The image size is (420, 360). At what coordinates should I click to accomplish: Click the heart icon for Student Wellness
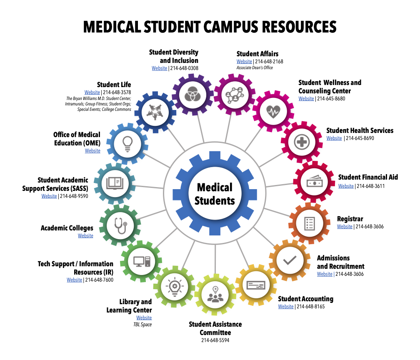(273, 111)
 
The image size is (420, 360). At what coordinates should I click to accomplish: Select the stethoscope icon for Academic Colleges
(120, 225)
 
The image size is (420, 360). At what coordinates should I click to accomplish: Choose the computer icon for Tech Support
(141, 261)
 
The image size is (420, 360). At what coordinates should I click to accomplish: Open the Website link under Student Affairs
(244, 62)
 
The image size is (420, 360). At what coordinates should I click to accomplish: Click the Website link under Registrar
(345, 227)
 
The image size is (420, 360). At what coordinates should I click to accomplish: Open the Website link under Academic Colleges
(85, 236)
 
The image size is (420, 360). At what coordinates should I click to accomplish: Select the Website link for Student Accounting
(286, 307)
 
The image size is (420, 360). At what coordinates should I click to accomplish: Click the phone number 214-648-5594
(215, 340)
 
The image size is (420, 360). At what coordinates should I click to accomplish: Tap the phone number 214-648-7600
(99, 280)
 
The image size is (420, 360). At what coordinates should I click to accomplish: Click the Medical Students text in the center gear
(215, 194)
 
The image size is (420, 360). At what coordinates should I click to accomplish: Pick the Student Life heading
(114, 85)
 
